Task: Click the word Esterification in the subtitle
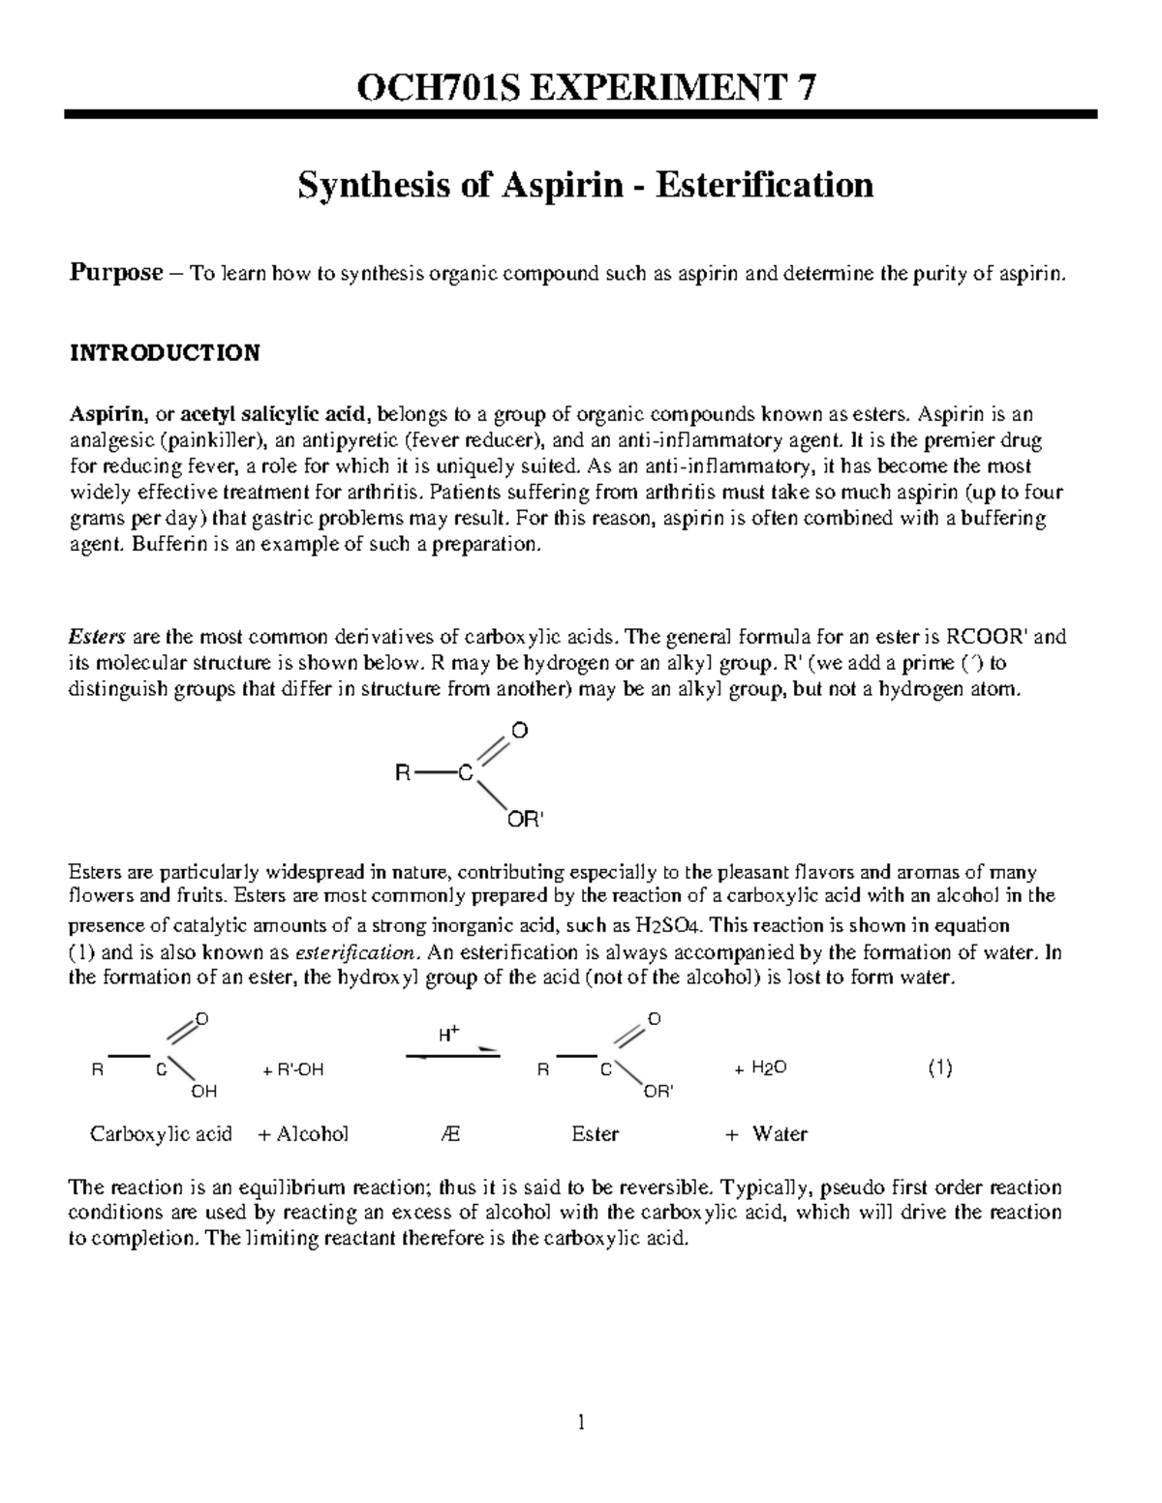tap(764, 184)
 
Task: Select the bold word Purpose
tap(115, 274)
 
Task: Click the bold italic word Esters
tap(97, 637)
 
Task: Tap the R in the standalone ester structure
tap(403, 773)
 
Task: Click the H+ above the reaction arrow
tap(448, 1034)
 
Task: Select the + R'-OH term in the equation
tap(292, 1069)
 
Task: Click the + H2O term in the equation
tap(760, 1068)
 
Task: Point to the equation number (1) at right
tap(939, 1068)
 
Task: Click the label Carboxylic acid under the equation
tap(161, 1133)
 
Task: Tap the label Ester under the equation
tap(595, 1133)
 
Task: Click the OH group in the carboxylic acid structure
tap(203, 1091)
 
